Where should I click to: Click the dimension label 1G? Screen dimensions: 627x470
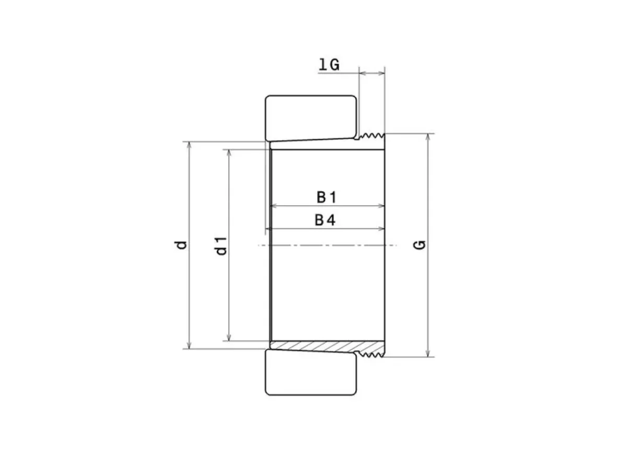point(329,64)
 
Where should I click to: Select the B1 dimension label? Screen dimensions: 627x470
point(327,197)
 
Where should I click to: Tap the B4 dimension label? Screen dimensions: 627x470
point(325,220)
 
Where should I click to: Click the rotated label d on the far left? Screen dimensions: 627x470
point(181,245)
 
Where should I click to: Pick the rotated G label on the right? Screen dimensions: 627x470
point(420,245)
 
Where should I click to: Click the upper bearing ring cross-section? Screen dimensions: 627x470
point(311,118)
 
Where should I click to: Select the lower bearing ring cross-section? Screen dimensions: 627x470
point(311,372)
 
